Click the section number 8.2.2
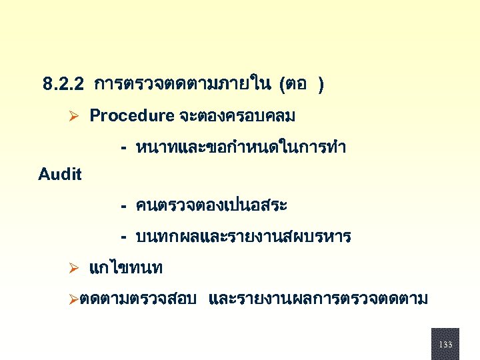pos(63,85)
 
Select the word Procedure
pos(131,116)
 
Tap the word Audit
pos(60,175)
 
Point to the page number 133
pos(445,345)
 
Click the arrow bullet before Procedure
pos(75,117)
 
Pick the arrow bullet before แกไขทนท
pos(75,269)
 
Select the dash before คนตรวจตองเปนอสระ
pos(124,206)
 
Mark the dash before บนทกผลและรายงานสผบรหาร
pos(124,237)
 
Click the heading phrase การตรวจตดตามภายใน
pos(181,85)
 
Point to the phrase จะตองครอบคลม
pos(237,116)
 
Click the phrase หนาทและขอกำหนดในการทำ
pos(241,147)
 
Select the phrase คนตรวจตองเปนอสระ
pos(211,205)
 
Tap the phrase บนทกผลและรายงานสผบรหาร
pos(243,237)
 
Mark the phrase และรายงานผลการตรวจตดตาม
pos(318,300)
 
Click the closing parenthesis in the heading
pos(321,85)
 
